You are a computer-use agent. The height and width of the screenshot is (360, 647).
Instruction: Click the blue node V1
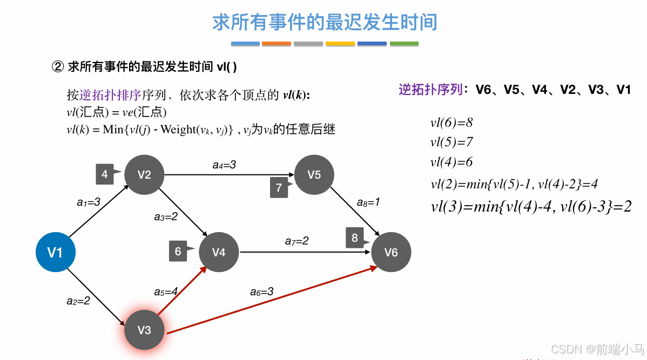point(55,252)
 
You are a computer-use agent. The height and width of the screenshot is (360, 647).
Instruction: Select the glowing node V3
point(144,330)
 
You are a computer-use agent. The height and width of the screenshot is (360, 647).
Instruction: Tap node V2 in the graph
point(144,174)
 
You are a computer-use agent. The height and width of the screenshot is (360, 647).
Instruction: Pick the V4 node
point(219,252)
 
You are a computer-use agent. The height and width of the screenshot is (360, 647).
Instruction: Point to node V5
point(314,174)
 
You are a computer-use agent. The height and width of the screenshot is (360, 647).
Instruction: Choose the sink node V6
point(391,252)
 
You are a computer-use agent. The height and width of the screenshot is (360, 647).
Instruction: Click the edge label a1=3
point(88,202)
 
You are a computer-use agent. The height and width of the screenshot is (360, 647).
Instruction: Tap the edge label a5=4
point(166,291)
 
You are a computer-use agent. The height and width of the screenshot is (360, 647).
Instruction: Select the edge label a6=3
point(261,291)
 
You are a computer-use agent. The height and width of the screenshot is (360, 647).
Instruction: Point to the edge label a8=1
point(368,202)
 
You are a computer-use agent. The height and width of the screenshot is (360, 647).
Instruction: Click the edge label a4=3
point(224,165)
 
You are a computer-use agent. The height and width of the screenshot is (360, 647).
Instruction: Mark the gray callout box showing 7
point(279,187)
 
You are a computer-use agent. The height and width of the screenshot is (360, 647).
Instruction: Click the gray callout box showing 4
point(105,174)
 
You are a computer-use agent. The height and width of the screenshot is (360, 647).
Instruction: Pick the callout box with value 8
point(355,238)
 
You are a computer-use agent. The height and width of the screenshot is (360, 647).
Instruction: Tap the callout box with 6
point(178,251)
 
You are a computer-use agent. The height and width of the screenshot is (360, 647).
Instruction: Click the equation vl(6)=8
point(451,123)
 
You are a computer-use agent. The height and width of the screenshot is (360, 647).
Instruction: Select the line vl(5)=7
point(451,142)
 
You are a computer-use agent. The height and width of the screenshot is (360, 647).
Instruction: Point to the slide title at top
point(325,23)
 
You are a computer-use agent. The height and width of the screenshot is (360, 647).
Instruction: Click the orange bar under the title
point(277,44)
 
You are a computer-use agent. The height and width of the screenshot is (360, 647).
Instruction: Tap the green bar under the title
point(404,44)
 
